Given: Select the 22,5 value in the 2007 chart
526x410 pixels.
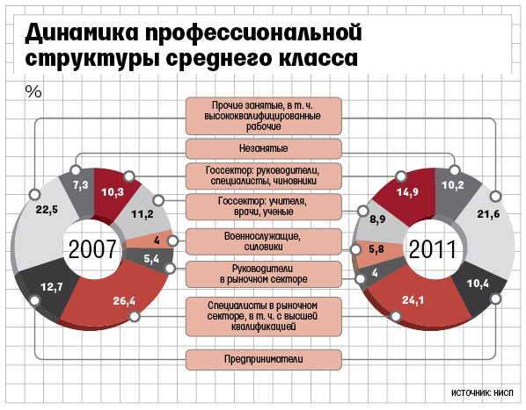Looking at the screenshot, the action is (47, 210).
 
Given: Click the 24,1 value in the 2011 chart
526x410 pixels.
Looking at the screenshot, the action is (413, 300).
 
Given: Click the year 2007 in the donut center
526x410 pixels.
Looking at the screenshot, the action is (92, 249).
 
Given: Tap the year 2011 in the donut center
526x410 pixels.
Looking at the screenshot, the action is (433, 249).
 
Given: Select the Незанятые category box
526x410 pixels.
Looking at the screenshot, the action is (264, 148).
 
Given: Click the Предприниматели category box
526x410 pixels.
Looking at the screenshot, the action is (264, 359).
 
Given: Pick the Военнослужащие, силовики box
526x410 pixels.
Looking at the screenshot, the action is (264, 241).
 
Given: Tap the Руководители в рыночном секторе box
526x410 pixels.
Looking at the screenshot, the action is (264, 274).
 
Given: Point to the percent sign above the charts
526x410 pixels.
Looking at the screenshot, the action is (33, 91).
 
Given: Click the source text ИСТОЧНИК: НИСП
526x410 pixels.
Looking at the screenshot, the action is (482, 392).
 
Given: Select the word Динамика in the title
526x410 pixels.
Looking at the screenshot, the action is (82, 32).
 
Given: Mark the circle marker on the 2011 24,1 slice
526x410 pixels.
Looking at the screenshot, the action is (396, 316).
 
